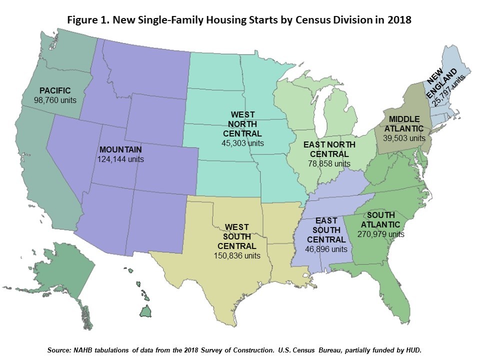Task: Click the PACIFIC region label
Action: (x=55, y=90)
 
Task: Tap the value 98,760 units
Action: (x=55, y=100)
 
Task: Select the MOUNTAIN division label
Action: (x=120, y=149)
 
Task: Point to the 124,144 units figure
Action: (x=120, y=159)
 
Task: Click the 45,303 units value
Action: (x=242, y=143)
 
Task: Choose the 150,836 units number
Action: (x=237, y=255)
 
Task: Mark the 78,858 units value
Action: (x=328, y=163)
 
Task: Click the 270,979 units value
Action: (x=381, y=233)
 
